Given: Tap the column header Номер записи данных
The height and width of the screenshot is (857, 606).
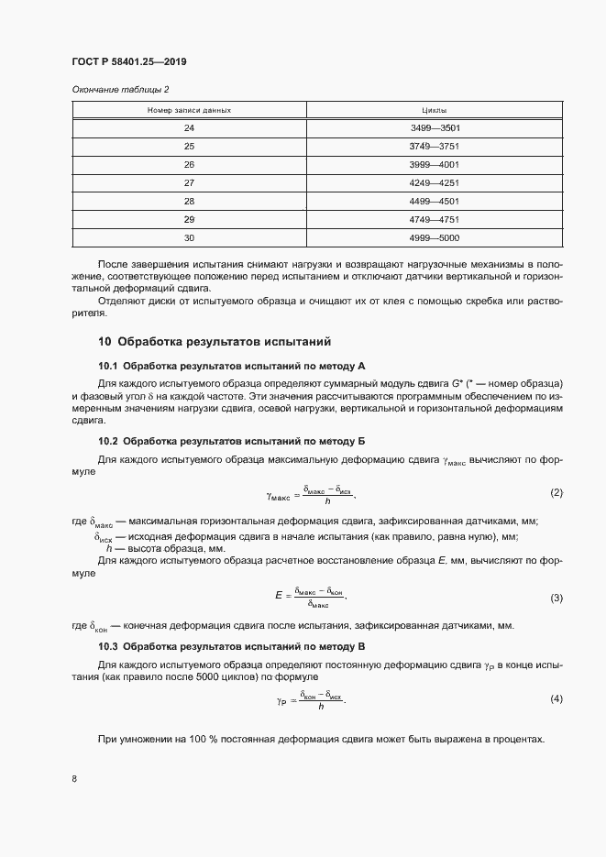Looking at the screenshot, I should click(x=190, y=110).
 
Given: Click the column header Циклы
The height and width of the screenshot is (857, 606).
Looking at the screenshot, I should click(x=435, y=110).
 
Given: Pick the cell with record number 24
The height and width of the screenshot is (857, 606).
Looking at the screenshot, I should click(x=190, y=128).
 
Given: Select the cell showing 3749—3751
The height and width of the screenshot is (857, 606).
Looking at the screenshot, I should click(x=435, y=147).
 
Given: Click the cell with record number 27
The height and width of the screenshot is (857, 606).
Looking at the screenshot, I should click(x=190, y=182).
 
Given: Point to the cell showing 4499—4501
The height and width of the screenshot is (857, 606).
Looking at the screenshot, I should click(x=435, y=201).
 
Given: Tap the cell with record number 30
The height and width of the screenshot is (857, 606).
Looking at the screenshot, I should click(x=190, y=237).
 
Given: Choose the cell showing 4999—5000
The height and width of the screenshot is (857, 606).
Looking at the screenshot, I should click(x=435, y=237).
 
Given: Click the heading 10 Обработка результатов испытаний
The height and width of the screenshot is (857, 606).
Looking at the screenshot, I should click(x=214, y=342).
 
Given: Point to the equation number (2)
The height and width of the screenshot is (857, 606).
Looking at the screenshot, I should click(x=556, y=493).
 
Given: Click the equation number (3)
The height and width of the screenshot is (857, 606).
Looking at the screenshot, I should click(x=556, y=598).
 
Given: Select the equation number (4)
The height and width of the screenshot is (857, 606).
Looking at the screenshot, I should click(x=556, y=699).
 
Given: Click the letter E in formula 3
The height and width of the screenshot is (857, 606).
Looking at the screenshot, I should click(x=278, y=596).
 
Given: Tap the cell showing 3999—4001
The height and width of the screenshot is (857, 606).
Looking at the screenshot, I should click(x=435, y=165).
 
